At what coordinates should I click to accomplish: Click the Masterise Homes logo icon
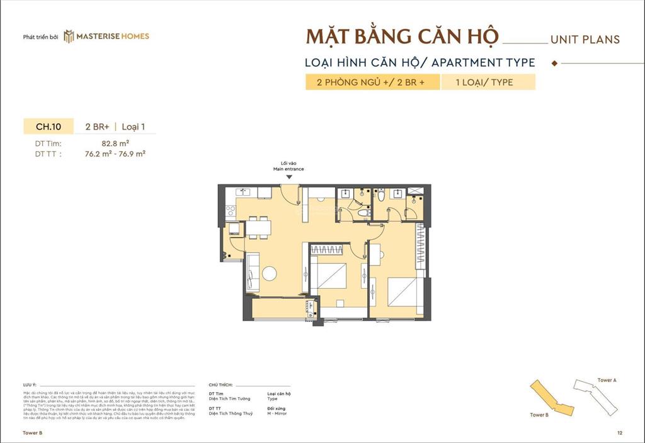tap(69, 36)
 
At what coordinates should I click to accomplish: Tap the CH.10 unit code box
tap(48, 126)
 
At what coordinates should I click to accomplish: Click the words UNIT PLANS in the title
tap(585, 39)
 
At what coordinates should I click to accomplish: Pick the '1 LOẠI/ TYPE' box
tap(488, 82)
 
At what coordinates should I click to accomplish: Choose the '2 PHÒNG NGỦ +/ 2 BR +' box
tap(372, 82)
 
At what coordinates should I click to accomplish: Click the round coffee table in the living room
tap(270, 274)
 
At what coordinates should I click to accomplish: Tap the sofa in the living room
tap(252, 272)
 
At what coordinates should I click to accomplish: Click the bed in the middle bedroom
tap(331, 276)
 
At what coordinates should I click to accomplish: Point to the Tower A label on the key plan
tap(607, 381)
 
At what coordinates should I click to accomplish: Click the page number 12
tap(620, 433)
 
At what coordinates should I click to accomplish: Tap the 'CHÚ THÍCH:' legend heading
tap(220, 383)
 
